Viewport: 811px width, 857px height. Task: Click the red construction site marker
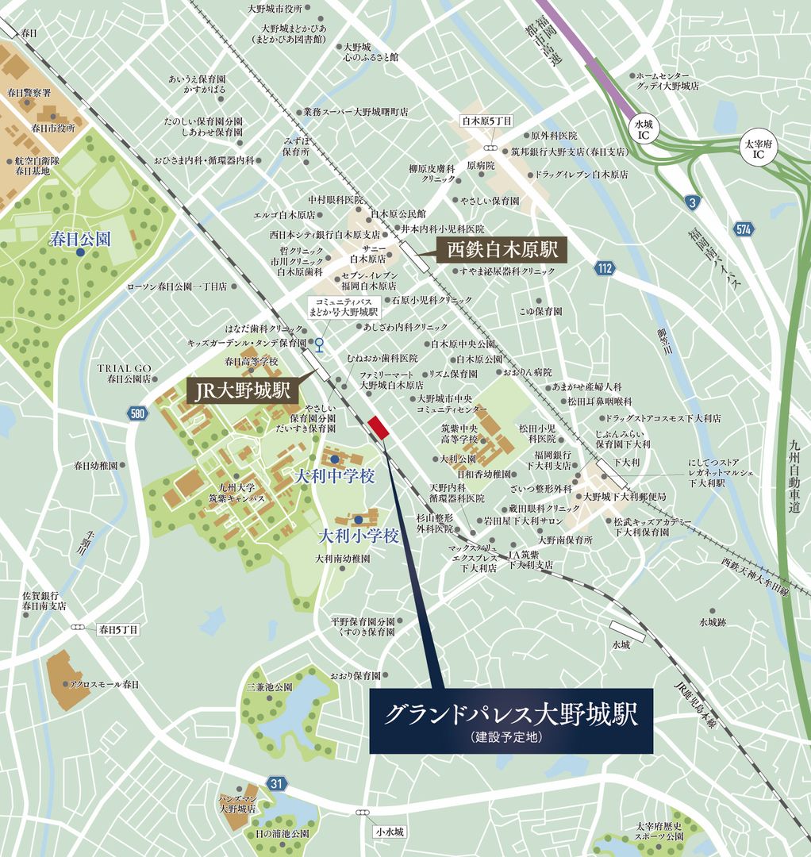(379, 428)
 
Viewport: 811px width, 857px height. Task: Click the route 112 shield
(605, 268)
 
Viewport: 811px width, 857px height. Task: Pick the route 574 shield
(744, 229)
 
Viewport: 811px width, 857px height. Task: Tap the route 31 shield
(275, 783)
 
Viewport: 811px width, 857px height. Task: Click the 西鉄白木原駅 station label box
(502, 251)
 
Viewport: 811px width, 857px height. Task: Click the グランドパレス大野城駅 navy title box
(511, 721)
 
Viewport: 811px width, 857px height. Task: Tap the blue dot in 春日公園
(80, 252)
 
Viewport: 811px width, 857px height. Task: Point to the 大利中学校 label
(333, 477)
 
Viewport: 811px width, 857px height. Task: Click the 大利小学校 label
(358, 536)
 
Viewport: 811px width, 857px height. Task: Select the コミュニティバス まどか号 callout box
(346, 307)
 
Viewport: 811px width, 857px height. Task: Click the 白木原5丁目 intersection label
(487, 121)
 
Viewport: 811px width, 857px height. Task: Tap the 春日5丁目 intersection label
(117, 629)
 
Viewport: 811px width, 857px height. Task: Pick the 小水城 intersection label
(390, 832)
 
